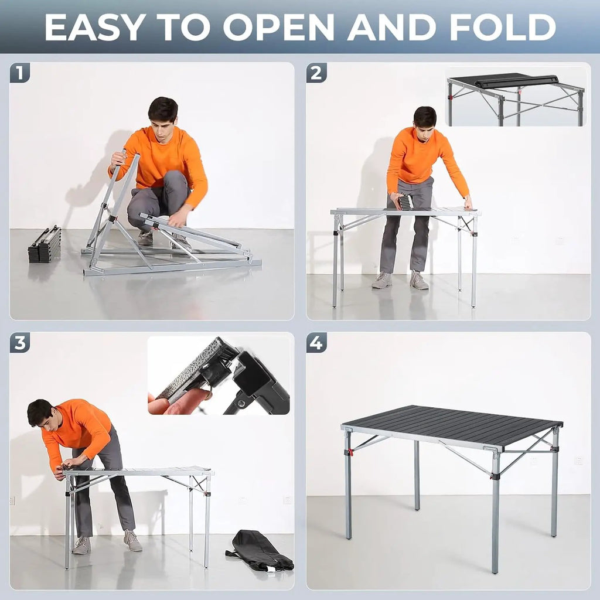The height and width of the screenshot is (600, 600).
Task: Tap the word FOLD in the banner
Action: (x=502, y=27)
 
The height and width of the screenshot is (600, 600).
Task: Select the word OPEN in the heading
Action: (x=278, y=27)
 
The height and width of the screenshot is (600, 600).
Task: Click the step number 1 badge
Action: (x=20, y=73)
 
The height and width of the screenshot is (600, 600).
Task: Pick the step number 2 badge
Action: (x=316, y=73)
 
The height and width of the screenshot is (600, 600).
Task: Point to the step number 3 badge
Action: (x=20, y=342)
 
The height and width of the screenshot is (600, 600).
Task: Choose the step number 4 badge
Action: (x=316, y=342)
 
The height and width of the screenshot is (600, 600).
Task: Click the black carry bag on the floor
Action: (x=260, y=551)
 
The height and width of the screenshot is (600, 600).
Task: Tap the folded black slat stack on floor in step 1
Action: (x=45, y=244)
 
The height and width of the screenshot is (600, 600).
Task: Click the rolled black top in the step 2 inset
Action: (x=509, y=81)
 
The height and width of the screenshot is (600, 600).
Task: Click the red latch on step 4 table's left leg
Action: (x=349, y=453)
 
